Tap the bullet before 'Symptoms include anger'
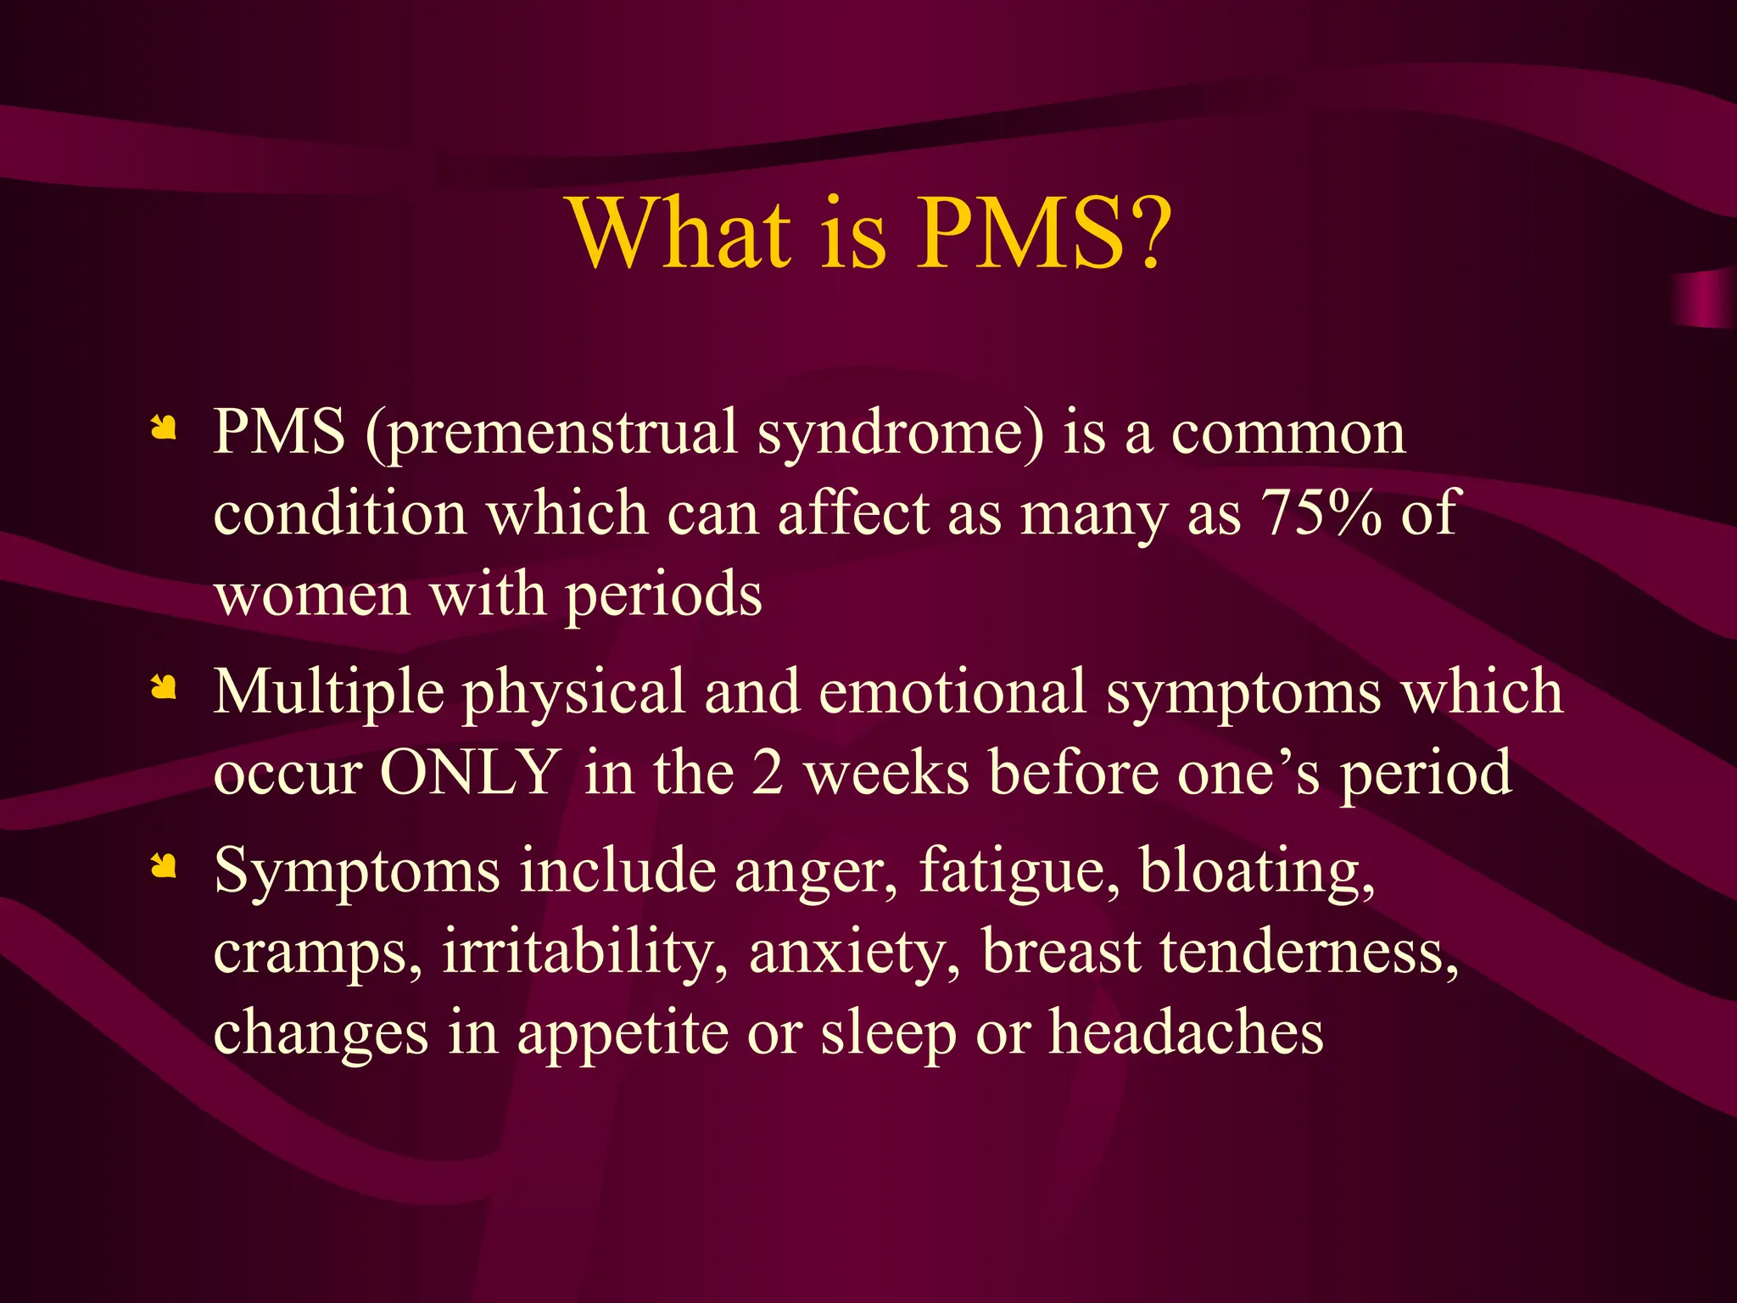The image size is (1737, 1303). click(163, 865)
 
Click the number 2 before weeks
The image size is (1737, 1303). click(768, 774)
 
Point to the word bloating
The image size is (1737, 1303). click(1256, 872)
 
